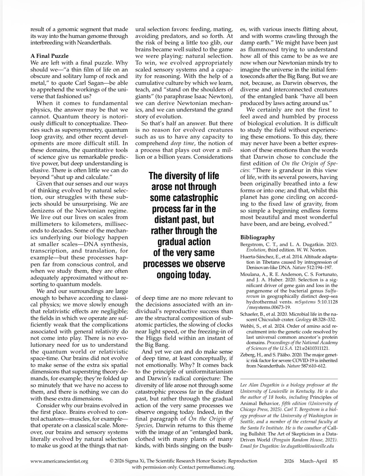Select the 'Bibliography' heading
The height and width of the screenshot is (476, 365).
click(x=258, y=237)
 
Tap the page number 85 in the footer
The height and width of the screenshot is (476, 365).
click(x=335, y=461)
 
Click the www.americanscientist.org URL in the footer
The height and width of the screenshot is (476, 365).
click(x=59, y=461)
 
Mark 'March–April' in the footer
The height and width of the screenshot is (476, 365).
click(x=313, y=461)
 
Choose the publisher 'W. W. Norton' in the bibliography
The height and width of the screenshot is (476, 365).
click(x=313, y=250)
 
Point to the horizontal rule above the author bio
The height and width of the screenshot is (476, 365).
click(x=289, y=379)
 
